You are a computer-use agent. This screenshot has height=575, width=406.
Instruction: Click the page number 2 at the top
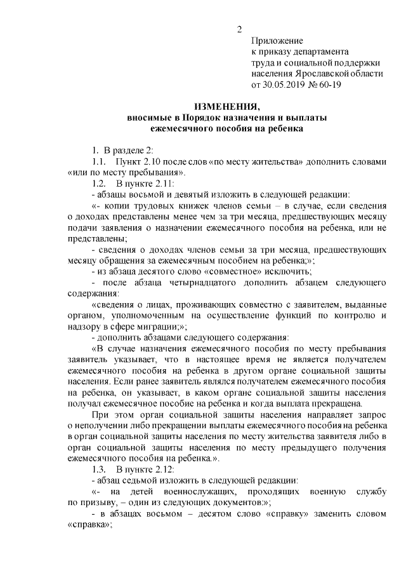(x=239, y=29)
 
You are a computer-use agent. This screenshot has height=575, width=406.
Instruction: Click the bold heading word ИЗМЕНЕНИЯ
(x=227, y=107)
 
